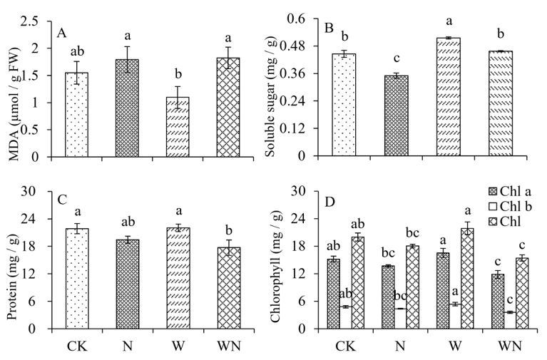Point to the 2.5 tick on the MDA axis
pos(44,21)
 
